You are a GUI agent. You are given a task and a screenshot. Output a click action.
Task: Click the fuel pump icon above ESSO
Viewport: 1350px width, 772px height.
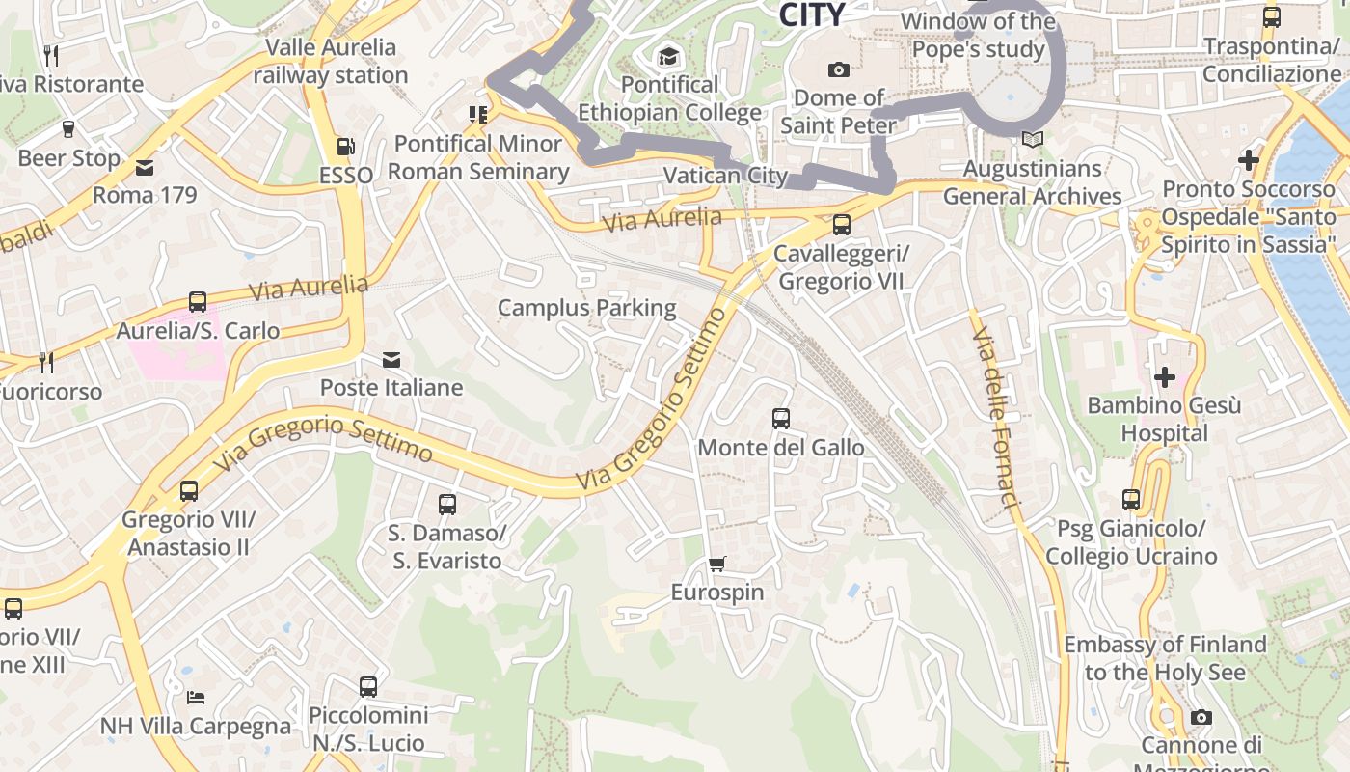(x=345, y=147)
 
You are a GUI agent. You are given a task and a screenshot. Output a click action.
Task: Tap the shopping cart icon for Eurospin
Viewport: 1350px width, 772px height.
(x=716, y=565)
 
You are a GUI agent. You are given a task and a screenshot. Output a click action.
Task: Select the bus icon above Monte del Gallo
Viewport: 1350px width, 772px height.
(x=781, y=419)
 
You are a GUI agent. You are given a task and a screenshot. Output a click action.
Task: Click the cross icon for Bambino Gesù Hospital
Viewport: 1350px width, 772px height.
(x=1165, y=376)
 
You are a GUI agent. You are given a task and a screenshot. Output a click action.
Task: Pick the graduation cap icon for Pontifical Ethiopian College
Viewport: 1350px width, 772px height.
(x=668, y=57)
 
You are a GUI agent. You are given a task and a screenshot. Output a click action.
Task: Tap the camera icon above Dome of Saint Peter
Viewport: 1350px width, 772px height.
(x=839, y=69)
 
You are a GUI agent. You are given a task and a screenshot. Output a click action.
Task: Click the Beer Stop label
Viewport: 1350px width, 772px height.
(x=69, y=158)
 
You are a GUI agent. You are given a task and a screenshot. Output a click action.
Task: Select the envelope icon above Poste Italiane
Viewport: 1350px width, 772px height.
(x=391, y=360)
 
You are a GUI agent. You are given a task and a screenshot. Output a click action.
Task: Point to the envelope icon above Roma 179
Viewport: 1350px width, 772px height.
(x=145, y=168)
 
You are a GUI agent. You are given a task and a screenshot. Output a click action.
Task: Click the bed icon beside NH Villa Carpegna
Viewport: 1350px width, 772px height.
(x=196, y=698)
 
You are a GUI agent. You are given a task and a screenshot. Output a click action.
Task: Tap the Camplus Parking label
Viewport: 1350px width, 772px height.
(x=586, y=308)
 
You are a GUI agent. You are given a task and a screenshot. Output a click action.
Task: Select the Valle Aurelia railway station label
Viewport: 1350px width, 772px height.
(x=331, y=61)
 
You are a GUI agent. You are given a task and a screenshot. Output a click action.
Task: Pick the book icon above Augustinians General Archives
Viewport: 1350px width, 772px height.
(x=1033, y=140)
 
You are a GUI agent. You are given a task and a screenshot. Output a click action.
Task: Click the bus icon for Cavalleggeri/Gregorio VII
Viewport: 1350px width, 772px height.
(x=842, y=225)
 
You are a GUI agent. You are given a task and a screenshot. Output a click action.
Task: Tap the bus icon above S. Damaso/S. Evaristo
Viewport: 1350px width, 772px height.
(x=446, y=504)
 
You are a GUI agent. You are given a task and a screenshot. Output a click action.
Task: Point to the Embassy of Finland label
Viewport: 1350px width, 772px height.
(x=1165, y=658)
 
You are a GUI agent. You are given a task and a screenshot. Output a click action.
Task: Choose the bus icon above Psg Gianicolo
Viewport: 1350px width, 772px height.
(x=1131, y=500)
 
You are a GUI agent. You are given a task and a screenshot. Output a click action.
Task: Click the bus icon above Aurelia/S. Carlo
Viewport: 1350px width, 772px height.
(x=198, y=302)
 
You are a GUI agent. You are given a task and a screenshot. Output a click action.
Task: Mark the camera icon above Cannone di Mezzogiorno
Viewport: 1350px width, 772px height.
(x=1201, y=717)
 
